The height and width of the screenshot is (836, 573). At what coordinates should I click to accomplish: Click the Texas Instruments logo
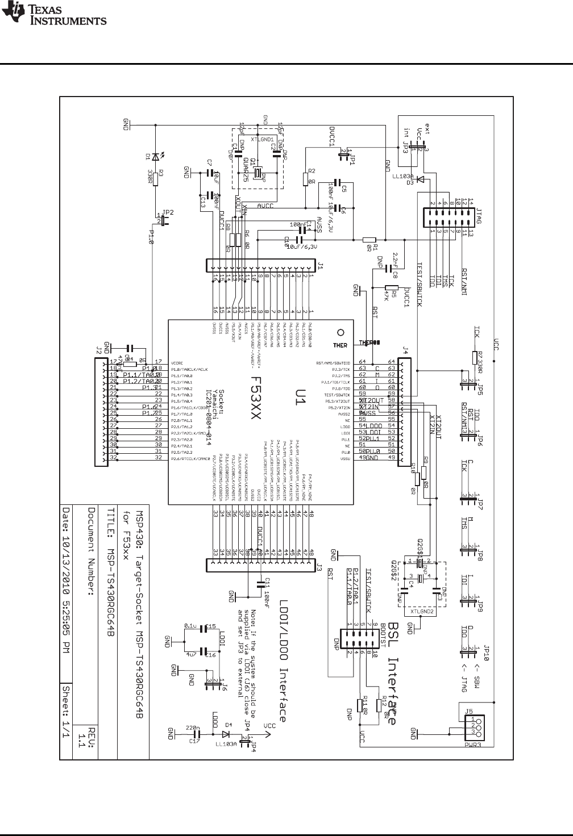point(55,15)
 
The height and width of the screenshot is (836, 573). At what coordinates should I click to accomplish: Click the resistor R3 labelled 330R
point(153,177)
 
